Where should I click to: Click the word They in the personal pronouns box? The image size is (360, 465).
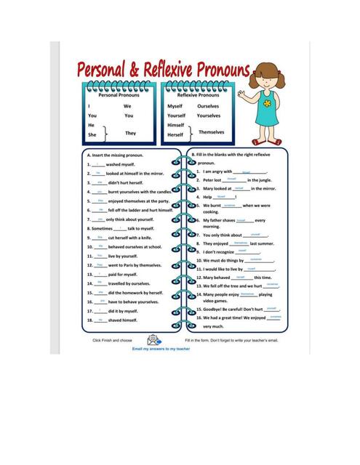point(131,134)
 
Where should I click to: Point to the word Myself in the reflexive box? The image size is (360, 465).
point(175,106)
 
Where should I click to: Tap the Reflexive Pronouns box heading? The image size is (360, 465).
point(197,95)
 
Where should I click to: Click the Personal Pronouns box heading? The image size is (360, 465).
point(117,95)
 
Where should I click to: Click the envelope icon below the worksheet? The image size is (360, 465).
point(154,339)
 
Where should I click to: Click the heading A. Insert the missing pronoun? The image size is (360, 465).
point(115,155)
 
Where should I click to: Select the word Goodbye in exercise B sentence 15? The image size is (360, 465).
point(213,308)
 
